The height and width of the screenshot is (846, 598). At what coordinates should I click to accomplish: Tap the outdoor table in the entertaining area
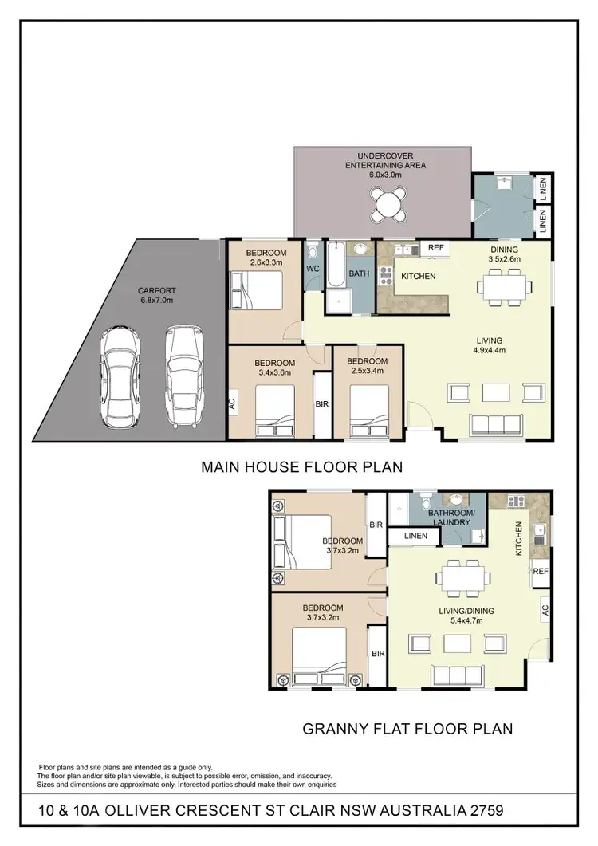[x=388, y=203]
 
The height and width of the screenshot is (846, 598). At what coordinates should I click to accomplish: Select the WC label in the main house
[x=313, y=269]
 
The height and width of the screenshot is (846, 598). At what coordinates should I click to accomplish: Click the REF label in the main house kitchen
[x=435, y=248]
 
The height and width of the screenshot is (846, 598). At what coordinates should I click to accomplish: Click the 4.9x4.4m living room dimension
[x=489, y=350]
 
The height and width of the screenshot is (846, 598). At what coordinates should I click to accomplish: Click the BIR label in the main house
[x=322, y=404]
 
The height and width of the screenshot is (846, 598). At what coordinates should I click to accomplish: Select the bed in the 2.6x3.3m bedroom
[x=256, y=289]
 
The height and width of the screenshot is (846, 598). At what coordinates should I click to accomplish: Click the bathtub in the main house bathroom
[x=335, y=277]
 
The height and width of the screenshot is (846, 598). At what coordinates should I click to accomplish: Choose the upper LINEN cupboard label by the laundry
[x=543, y=189]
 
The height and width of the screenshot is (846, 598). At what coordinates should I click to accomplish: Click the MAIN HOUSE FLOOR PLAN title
[x=301, y=466]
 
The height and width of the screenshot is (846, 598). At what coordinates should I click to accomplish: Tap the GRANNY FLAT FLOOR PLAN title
[x=407, y=728]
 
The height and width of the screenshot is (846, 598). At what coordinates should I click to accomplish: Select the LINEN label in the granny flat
[x=414, y=537]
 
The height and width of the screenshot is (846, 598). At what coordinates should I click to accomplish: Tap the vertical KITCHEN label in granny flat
[x=518, y=539]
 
